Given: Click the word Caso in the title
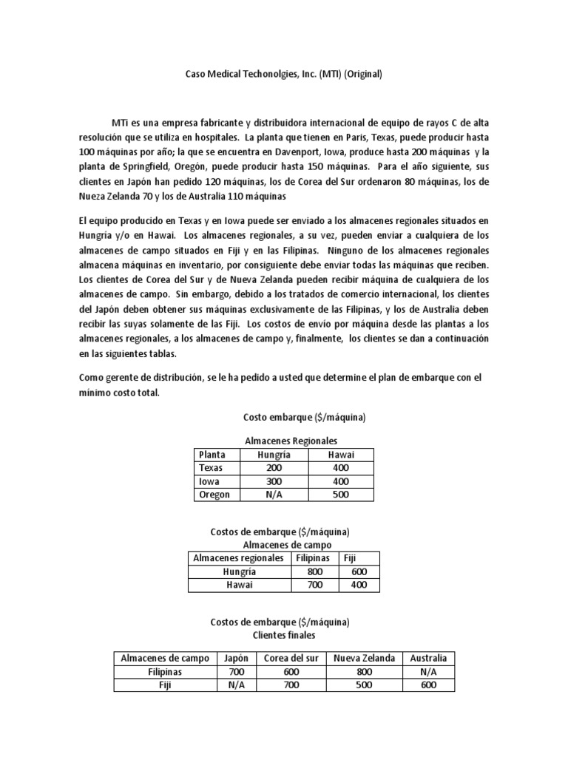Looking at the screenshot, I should pos(194,75).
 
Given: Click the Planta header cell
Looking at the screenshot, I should pos(212,455).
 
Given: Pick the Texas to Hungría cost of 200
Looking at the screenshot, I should pos(271,468).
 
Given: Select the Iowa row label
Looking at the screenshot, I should pos(210,481).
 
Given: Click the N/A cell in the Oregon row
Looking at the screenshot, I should pos(271,495).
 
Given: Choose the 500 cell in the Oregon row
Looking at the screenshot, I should pos(340,495).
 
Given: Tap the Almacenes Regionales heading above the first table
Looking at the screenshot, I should pos(285,440).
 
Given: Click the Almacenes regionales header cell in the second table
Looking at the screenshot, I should pos(237,557).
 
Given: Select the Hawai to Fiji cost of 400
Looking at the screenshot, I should pos(359,585).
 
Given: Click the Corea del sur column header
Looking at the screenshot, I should pos(287,658).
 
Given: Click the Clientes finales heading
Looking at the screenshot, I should pos(284,634).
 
